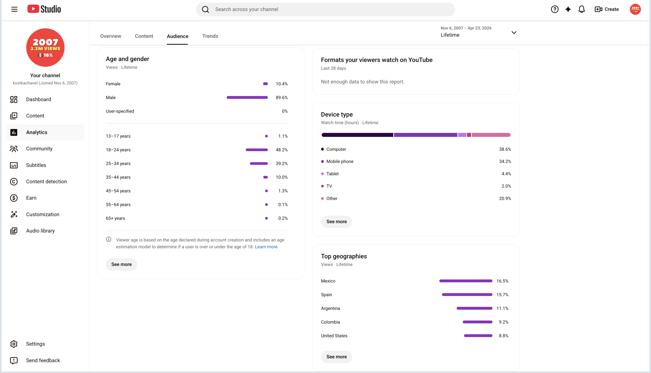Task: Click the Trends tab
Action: (x=210, y=36)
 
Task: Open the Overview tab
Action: (x=111, y=36)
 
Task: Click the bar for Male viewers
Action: (x=247, y=98)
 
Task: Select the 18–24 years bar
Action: (x=257, y=150)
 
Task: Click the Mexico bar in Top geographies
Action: (x=466, y=281)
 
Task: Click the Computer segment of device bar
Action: (x=357, y=135)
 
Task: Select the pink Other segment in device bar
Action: (x=491, y=135)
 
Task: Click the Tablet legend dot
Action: (x=322, y=174)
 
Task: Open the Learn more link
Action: (x=266, y=247)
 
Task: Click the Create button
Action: (x=607, y=9)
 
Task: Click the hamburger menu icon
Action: (x=14, y=9)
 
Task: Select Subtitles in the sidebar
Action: (x=36, y=165)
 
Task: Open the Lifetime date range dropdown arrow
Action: (x=514, y=33)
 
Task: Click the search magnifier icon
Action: (x=205, y=10)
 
